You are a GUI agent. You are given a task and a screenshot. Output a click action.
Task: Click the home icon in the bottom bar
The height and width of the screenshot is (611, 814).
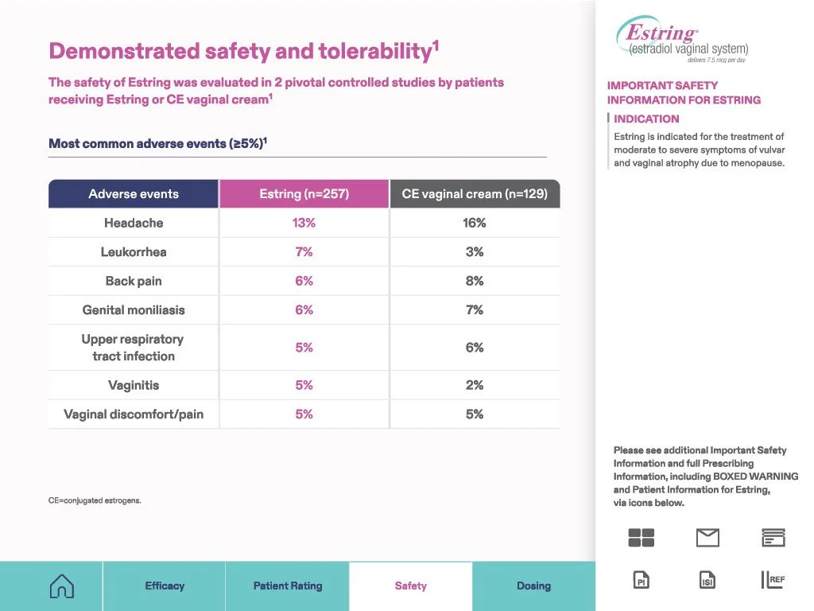tap(62, 586)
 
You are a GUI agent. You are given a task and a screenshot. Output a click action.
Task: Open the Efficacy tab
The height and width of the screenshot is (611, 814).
tap(165, 586)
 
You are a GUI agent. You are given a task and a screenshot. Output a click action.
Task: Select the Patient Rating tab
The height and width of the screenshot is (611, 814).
tap(288, 586)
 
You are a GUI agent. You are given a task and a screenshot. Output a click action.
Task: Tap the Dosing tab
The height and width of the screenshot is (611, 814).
tap(533, 586)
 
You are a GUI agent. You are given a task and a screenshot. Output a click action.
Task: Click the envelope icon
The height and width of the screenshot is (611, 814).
tap(707, 538)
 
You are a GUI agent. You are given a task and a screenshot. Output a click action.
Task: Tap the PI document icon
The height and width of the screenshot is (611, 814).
tap(642, 580)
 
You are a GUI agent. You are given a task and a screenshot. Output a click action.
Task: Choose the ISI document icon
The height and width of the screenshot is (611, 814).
tap(707, 580)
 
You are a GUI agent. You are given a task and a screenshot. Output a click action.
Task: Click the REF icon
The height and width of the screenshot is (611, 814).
tap(773, 580)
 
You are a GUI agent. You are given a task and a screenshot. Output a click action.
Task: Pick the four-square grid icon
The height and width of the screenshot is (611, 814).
tap(642, 538)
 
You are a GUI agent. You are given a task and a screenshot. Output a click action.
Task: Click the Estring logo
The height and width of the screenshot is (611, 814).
tap(682, 39)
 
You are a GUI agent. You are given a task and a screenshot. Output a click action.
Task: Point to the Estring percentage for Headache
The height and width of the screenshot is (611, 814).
tap(304, 223)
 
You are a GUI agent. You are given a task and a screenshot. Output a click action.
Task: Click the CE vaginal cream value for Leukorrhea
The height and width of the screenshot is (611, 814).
tap(475, 252)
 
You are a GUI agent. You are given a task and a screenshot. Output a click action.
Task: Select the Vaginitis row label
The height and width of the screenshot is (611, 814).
tap(134, 385)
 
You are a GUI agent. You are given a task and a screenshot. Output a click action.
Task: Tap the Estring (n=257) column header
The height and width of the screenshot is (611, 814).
tap(304, 194)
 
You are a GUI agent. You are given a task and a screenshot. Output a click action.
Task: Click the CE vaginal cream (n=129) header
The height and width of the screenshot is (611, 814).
tap(475, 194)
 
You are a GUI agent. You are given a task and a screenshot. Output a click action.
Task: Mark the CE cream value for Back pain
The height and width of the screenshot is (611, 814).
tap(475, 281)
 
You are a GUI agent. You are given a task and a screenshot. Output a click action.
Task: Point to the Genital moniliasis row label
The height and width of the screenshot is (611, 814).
tap(134, 310)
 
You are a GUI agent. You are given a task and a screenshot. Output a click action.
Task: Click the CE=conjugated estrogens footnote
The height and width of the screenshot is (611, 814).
tap(95, 500)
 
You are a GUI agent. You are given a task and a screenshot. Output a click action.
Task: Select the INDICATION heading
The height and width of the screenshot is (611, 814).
tap(646, 119)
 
